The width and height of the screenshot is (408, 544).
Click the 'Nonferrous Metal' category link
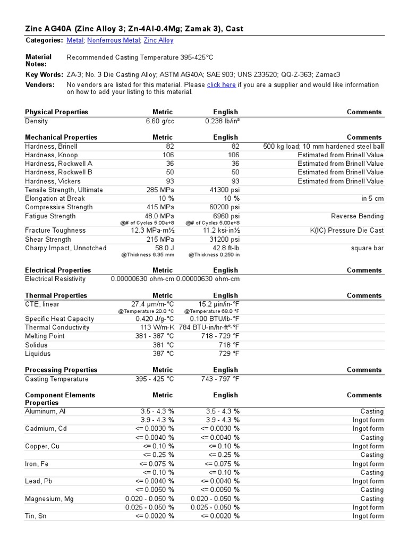113,40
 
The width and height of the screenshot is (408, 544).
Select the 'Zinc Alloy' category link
158,40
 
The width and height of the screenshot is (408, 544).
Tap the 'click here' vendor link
221,85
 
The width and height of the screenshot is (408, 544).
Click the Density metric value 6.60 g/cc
160,121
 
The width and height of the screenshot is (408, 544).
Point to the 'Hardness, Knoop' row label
51,155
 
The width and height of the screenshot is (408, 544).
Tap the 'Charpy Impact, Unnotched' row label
65,248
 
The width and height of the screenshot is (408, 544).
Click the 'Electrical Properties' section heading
58,270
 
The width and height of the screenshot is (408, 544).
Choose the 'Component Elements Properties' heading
59,399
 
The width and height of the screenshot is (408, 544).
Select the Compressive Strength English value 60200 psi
223,207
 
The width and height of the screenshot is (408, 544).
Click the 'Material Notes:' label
39,61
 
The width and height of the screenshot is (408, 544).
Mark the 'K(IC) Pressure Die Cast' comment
346,231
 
